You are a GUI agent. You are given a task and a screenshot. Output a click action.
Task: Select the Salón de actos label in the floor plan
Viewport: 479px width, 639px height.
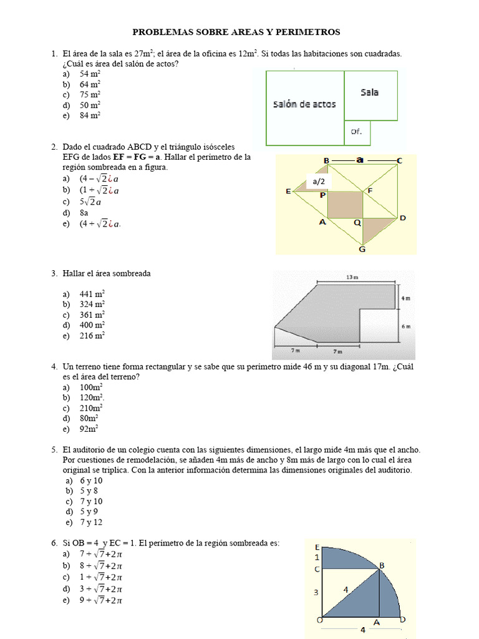point(304,104)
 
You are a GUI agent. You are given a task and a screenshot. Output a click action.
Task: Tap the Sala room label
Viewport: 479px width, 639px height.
point(369,92)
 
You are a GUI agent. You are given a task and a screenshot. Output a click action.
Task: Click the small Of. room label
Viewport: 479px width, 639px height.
point(356,132)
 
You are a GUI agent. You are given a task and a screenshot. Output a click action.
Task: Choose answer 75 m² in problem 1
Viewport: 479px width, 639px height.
point(90,95)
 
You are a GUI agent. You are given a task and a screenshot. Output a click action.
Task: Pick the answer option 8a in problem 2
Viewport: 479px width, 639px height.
point(84,213)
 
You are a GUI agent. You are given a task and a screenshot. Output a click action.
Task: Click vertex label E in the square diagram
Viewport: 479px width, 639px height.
point(289,192)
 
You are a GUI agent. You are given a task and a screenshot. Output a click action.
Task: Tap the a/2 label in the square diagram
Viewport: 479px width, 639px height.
point(319,182)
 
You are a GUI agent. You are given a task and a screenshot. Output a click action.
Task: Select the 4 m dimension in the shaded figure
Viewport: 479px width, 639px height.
point(405,298)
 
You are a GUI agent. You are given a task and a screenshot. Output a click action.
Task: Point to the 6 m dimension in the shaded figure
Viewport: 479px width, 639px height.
point(405,326)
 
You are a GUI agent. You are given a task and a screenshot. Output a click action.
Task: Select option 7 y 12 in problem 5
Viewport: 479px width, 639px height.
point(91,522)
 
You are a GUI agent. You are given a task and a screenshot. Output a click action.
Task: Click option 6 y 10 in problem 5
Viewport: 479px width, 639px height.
point(91,481)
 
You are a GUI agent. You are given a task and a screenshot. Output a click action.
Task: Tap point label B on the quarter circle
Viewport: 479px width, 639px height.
point(382,565)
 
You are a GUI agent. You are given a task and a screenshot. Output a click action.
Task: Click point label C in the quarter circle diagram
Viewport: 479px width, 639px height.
point(317,568)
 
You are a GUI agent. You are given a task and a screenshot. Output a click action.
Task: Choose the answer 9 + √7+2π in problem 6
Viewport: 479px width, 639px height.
point(100,600)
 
